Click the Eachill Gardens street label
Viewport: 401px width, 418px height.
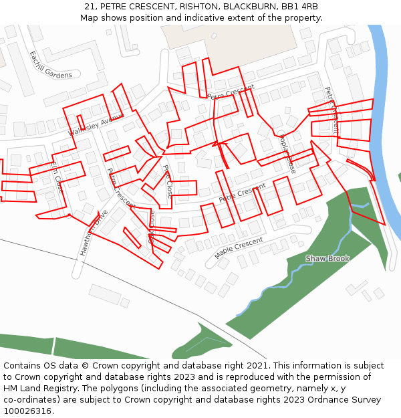pyautogui.click(x=51, y=66)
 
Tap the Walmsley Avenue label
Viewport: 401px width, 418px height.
pyautogui.click(x=96, y=124)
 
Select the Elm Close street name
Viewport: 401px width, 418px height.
pyautogui.click(x=56, y=176)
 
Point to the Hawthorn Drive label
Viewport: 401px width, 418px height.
pyautogui.click(x=93, y=233)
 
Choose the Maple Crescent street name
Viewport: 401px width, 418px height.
pyautogui.click(x=239, y=248)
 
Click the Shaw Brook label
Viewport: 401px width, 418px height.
pyautogui.click(x=327, y=258)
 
